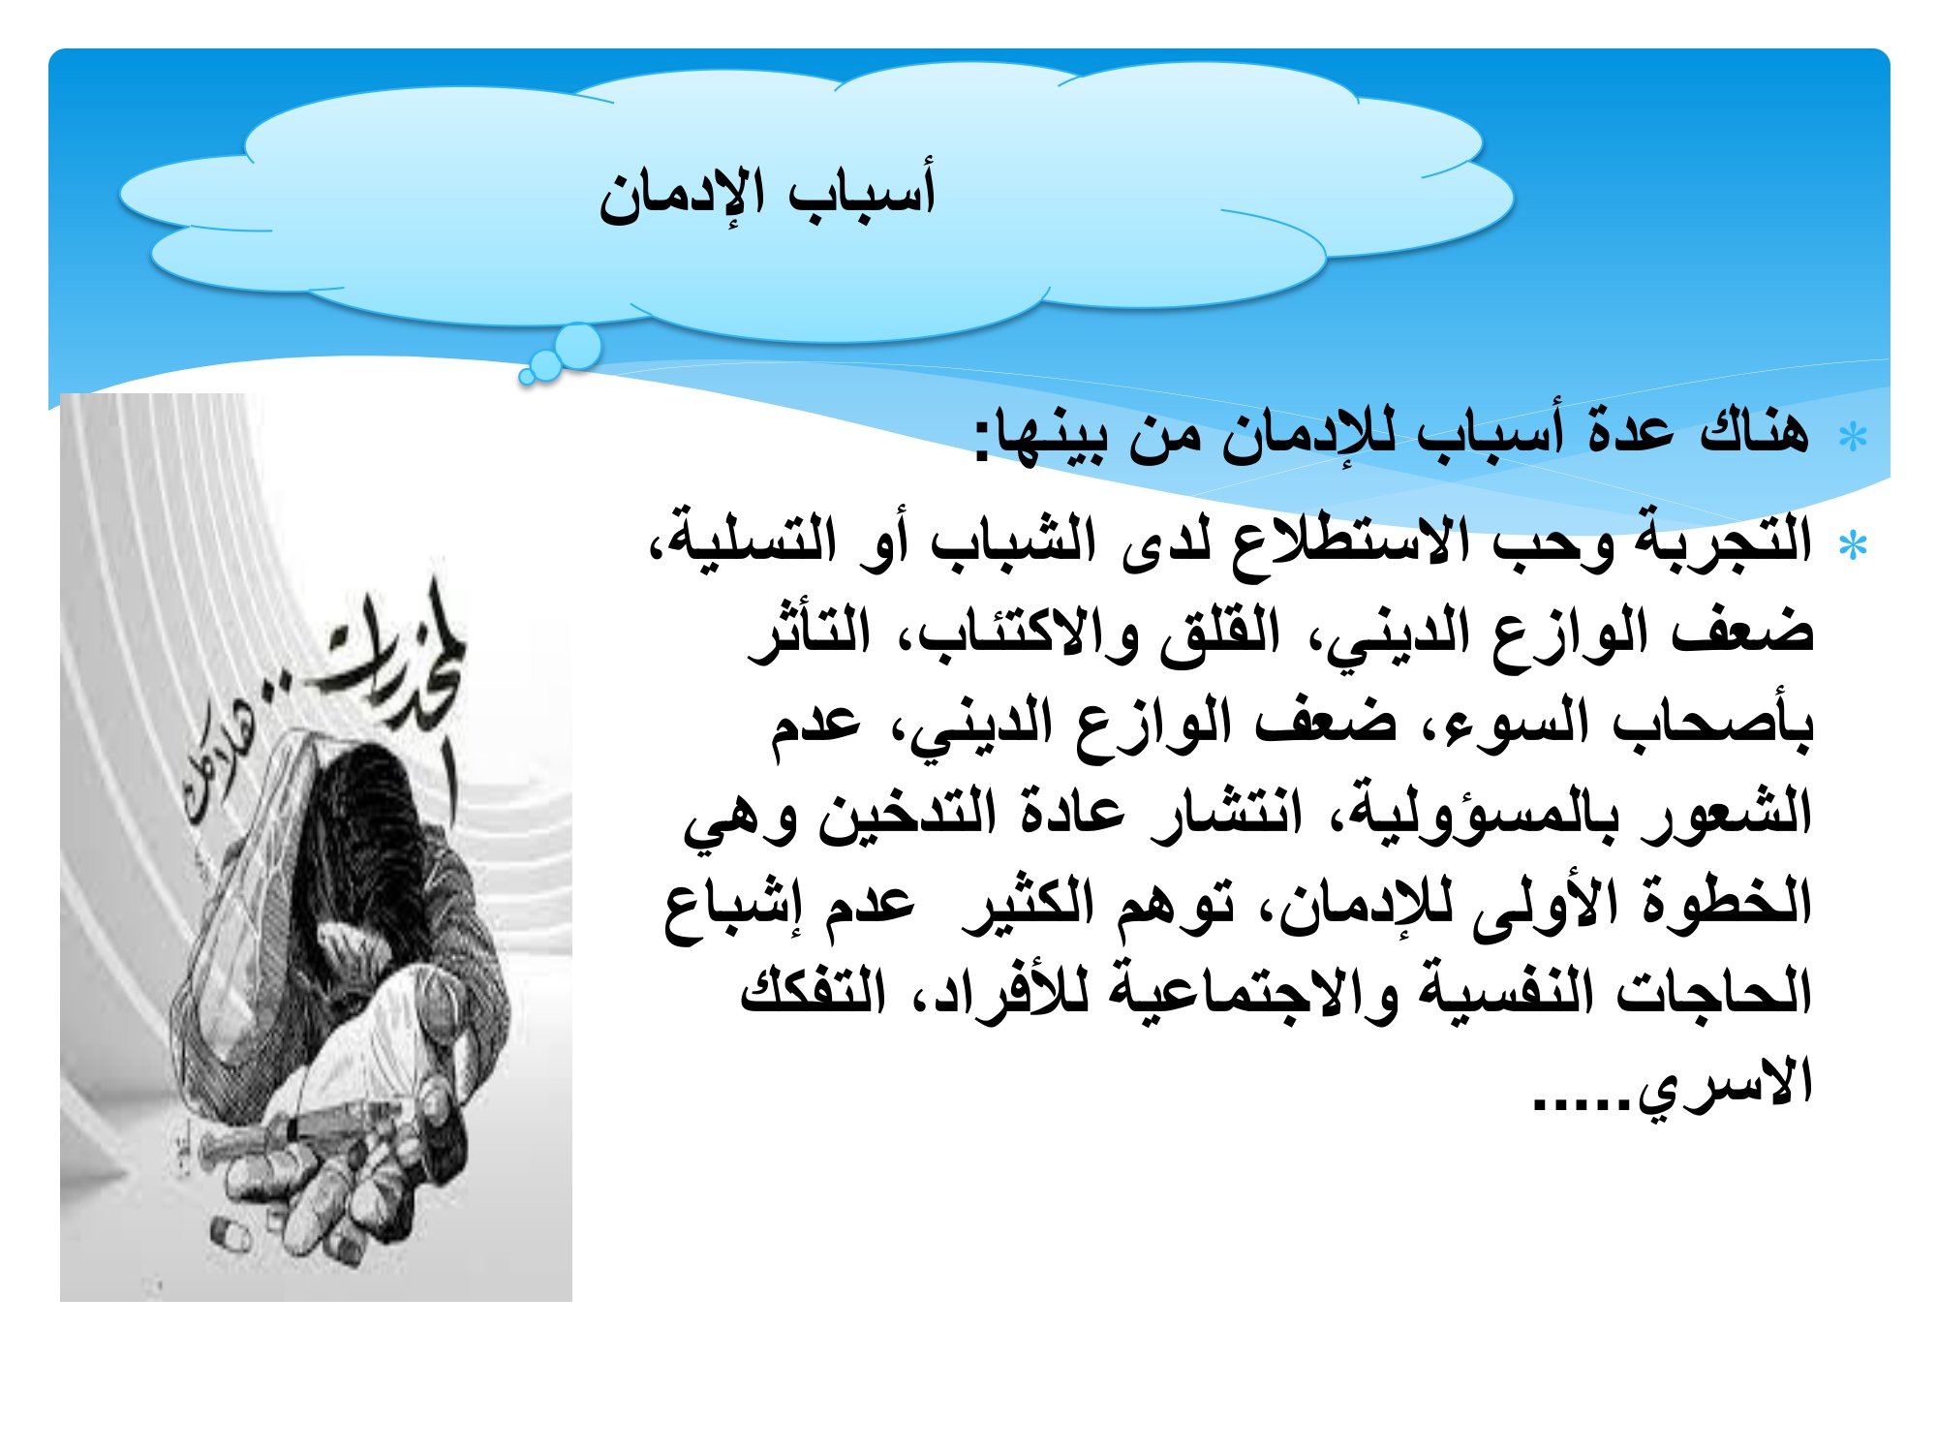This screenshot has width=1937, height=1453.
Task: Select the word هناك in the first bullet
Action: pos(1754,430)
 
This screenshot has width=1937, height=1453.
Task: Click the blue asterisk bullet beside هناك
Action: pos(1853,438)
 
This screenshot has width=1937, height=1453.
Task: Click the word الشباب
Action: pos(1013,541)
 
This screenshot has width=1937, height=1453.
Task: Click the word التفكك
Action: pos(814,990)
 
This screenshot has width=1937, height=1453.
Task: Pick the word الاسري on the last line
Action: pos(1724,1083)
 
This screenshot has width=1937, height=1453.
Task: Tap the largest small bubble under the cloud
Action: pos(578,346)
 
